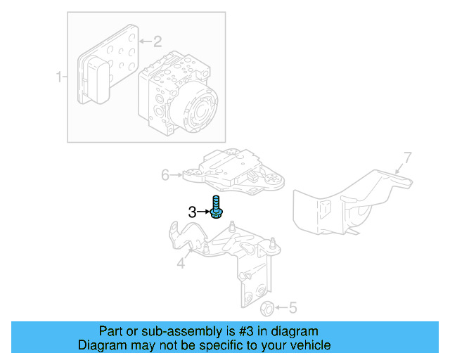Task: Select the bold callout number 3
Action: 191,211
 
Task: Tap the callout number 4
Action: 181,264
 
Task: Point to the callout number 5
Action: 292,307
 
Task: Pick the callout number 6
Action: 166,175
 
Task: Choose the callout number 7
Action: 407,157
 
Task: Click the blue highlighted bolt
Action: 216,209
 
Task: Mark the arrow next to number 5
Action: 281,307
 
